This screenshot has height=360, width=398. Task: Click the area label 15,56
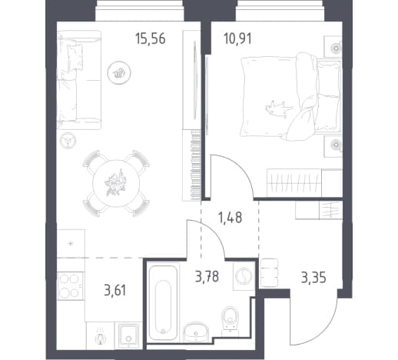click(151, 39)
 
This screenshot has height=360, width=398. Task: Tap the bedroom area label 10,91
click(237, 39)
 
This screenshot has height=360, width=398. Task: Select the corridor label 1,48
click(230, 218)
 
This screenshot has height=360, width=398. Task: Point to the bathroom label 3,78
click(207, 277)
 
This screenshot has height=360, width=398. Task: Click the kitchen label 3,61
click(115, 291)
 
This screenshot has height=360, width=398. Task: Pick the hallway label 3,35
click(313, 278)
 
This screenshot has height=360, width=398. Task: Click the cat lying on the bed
click(278, 108)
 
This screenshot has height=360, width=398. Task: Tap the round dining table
click(116, 183)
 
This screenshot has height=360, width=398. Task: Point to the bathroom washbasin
click(196, 332)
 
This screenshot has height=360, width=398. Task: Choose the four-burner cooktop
click(71, 285)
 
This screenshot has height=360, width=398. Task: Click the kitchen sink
click(129, 335)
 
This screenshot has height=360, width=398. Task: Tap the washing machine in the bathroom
click(244, 276)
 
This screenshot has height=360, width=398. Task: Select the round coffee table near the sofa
click(119, 72)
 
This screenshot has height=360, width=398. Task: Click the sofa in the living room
click(78, 80)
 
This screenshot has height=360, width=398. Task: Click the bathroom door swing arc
click(213, 231)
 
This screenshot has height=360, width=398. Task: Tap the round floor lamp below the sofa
click(68, 141)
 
